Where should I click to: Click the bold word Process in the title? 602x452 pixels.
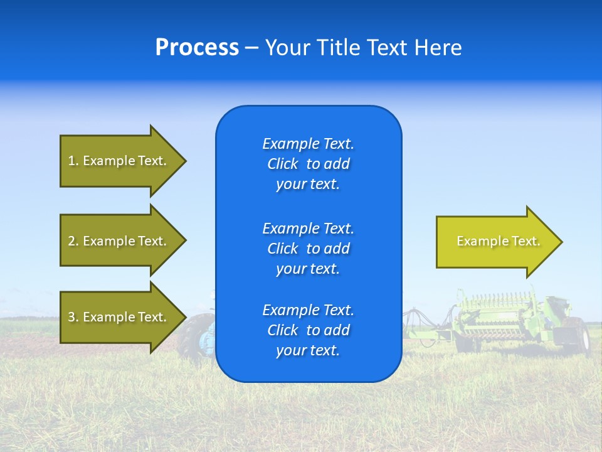tap(197, 48)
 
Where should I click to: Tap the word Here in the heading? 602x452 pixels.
tap(438, 48)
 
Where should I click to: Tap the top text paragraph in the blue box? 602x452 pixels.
tap(308, 164)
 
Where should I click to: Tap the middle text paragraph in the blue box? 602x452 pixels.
tap(308, 248)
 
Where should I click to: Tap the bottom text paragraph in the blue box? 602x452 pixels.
tap(308, 330)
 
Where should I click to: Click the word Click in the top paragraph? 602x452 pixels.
tap(282, 164)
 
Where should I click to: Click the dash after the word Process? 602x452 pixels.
tap(251, 48)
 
